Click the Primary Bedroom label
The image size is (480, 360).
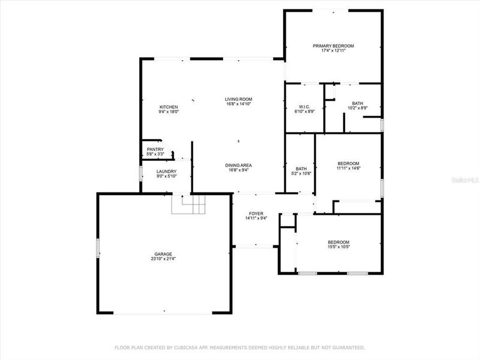point(333,46)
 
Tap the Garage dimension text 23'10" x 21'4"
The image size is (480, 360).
point(163,259)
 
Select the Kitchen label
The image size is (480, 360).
point(169,107)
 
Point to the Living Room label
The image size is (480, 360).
point(238,99)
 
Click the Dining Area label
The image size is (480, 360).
point(238,165)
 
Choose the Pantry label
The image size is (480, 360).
point(155,149)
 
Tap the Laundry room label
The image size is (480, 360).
point(166,172)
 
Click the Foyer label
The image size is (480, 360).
point(257,213)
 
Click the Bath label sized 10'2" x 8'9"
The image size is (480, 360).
point(358,104)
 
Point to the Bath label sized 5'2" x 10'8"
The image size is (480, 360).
point(301,169)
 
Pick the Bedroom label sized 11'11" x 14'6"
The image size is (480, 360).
point(348,164)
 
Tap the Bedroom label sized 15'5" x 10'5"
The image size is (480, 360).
point(339,242)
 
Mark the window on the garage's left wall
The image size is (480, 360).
point(98,248)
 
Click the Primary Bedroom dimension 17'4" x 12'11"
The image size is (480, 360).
point(333,50)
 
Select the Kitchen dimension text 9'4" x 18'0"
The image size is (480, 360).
point(169,112)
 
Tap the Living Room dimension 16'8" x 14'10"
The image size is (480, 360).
point(238,104)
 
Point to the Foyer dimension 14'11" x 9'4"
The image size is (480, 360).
point(257,218)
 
